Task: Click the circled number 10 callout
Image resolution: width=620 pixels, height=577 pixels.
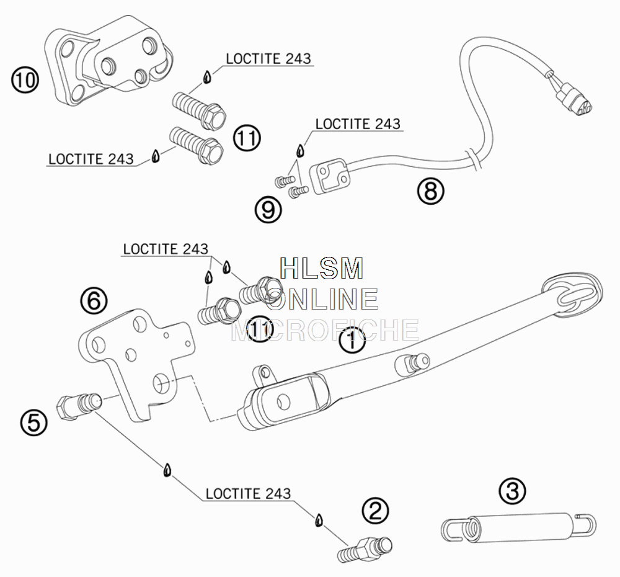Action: click(x=25, y=80)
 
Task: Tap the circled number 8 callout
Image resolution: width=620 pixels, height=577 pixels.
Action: click(x=431, y=190)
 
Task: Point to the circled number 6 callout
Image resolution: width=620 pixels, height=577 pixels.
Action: click(x=94, y=300)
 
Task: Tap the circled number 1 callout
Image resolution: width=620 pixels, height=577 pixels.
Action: click(x=352, y=339)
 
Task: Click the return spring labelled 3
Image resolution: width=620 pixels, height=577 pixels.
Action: click(x=518, y=527)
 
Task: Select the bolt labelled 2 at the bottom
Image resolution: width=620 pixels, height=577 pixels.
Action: click(x=365, y=549)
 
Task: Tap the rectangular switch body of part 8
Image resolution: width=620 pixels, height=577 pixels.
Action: click(x=330, y=176)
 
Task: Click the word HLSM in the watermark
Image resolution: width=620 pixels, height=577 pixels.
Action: click(x=321, y=268)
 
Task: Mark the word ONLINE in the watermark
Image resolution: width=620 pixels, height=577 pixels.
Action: click(x=321, y=299)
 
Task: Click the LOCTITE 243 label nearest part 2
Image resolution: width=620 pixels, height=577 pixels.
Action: click(x=249, y=493)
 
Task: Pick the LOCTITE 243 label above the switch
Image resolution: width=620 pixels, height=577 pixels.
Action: click(x=358, y=124)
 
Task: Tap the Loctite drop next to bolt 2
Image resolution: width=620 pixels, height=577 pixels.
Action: click(x=319, y=520)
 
